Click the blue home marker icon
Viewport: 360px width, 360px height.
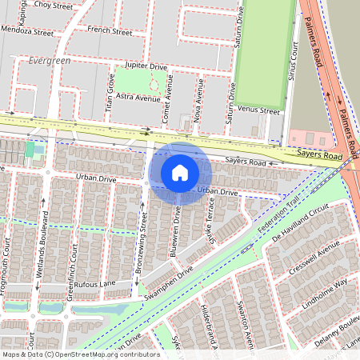pyautogui.click(x=180, y=173)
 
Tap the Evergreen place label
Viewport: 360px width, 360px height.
pyautogui.click(x=50, y=61)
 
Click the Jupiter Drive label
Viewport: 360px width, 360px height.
pyautogui.click(x=146, y=66)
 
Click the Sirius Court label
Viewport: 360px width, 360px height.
pyautogui.click(x=294, y=62)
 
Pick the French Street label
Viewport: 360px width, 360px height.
pyautogui.click(x=110, y=32)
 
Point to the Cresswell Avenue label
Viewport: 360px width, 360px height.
pyautogui.click(x=317, y=260)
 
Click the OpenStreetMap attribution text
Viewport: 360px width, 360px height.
pyautogui.click(x=80, y=354)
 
